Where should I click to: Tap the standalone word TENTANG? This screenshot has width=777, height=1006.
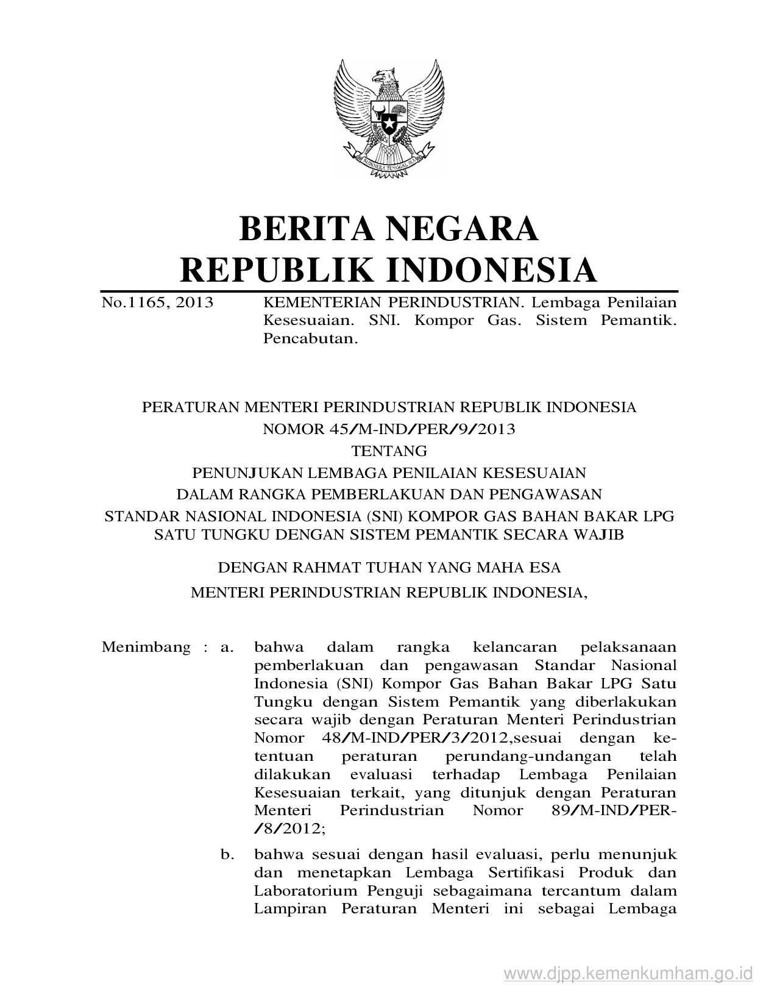click(x=389, y=451)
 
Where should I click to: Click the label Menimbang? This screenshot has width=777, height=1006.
click(x=146, y=647)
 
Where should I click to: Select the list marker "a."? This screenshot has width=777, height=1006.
click(x=227, y=647)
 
